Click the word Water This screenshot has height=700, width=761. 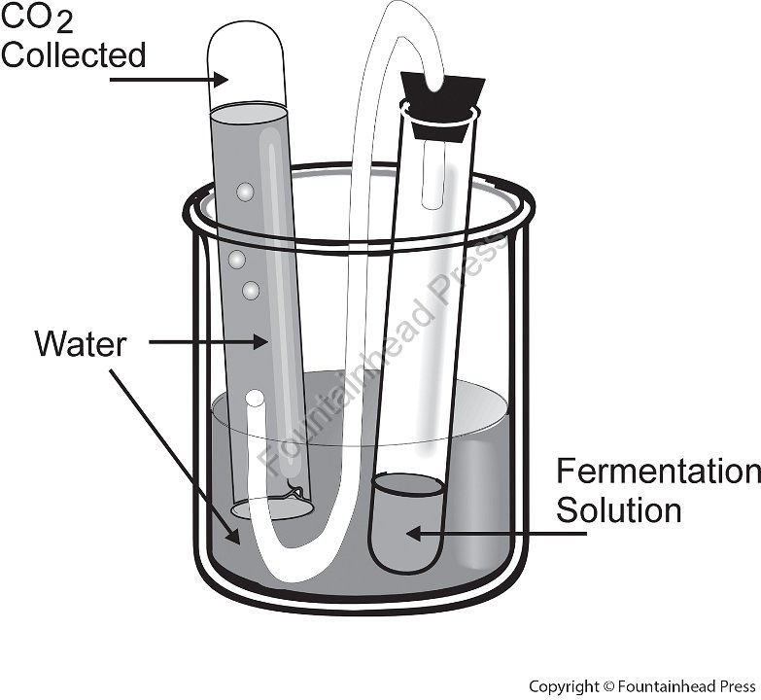point(80,343)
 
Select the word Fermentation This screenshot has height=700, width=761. point(658,472)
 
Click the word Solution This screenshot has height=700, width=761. point(618,509)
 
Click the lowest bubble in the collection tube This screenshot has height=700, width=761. point(252,289)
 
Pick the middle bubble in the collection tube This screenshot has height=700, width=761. point(236,260)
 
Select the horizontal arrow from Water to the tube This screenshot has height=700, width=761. point(209,341)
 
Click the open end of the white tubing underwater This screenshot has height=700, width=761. point(255,398)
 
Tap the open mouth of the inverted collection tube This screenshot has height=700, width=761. point(273,507)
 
